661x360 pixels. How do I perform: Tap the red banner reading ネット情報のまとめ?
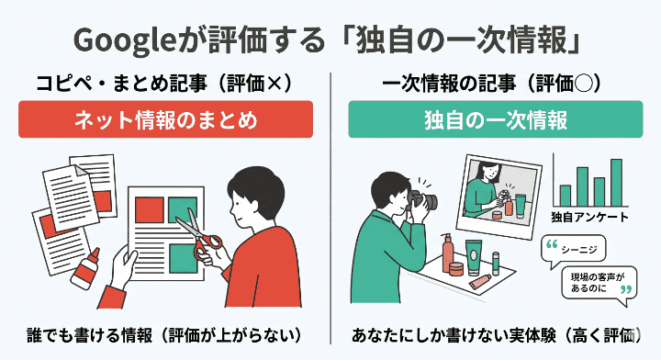166,121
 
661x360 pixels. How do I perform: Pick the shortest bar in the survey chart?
565,196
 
